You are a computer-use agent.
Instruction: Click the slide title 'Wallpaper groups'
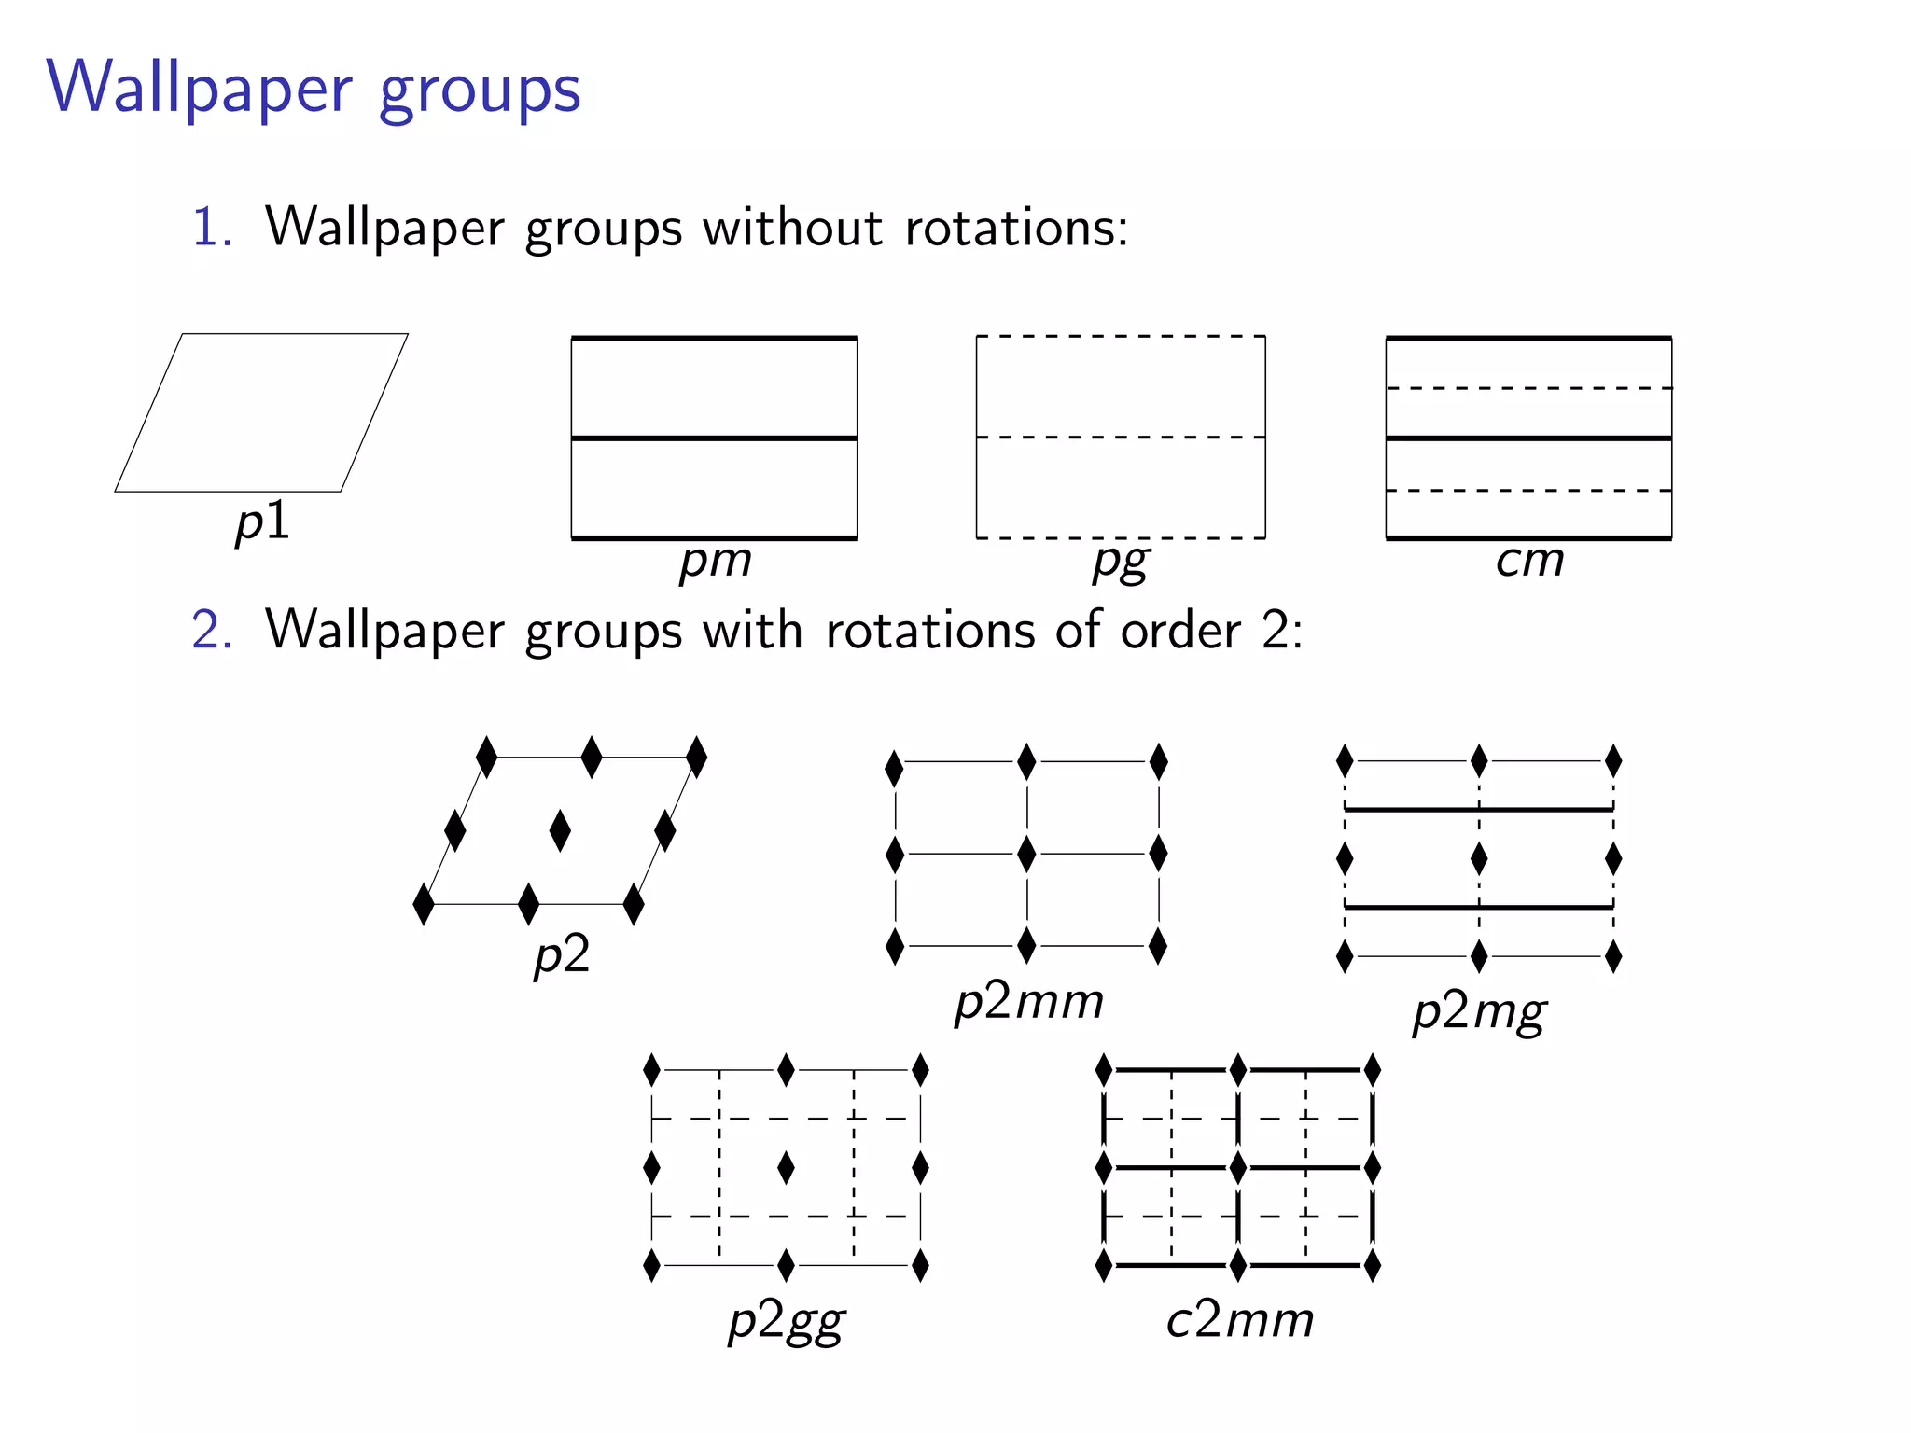coord(314,89)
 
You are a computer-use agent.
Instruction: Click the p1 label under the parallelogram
coord(262,522)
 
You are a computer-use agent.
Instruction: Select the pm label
coord(715,561)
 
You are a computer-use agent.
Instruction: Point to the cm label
coord(1529,561)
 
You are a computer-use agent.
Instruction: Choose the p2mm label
coord(1028,1003)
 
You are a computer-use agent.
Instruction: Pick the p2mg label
coord(1479,1013)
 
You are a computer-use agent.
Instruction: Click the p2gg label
coord(786,1322)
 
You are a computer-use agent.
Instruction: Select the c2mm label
coord(1239,1320)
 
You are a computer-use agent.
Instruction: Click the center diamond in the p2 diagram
coord(560,830)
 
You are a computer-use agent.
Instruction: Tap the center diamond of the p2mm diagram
coord(1026,854)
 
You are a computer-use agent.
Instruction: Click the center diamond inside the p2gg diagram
coord(786,1167)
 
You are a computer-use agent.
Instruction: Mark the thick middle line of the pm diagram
coord(714,438)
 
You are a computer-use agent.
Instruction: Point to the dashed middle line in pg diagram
coord(1120,437)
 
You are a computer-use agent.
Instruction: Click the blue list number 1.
coord(211,227)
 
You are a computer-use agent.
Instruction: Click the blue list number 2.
coord(211,630)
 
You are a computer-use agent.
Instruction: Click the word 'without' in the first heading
coord(791,227)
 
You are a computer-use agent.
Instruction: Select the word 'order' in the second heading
coord(1180,630)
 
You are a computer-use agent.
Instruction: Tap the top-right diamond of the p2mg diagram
coord(1613,761)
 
